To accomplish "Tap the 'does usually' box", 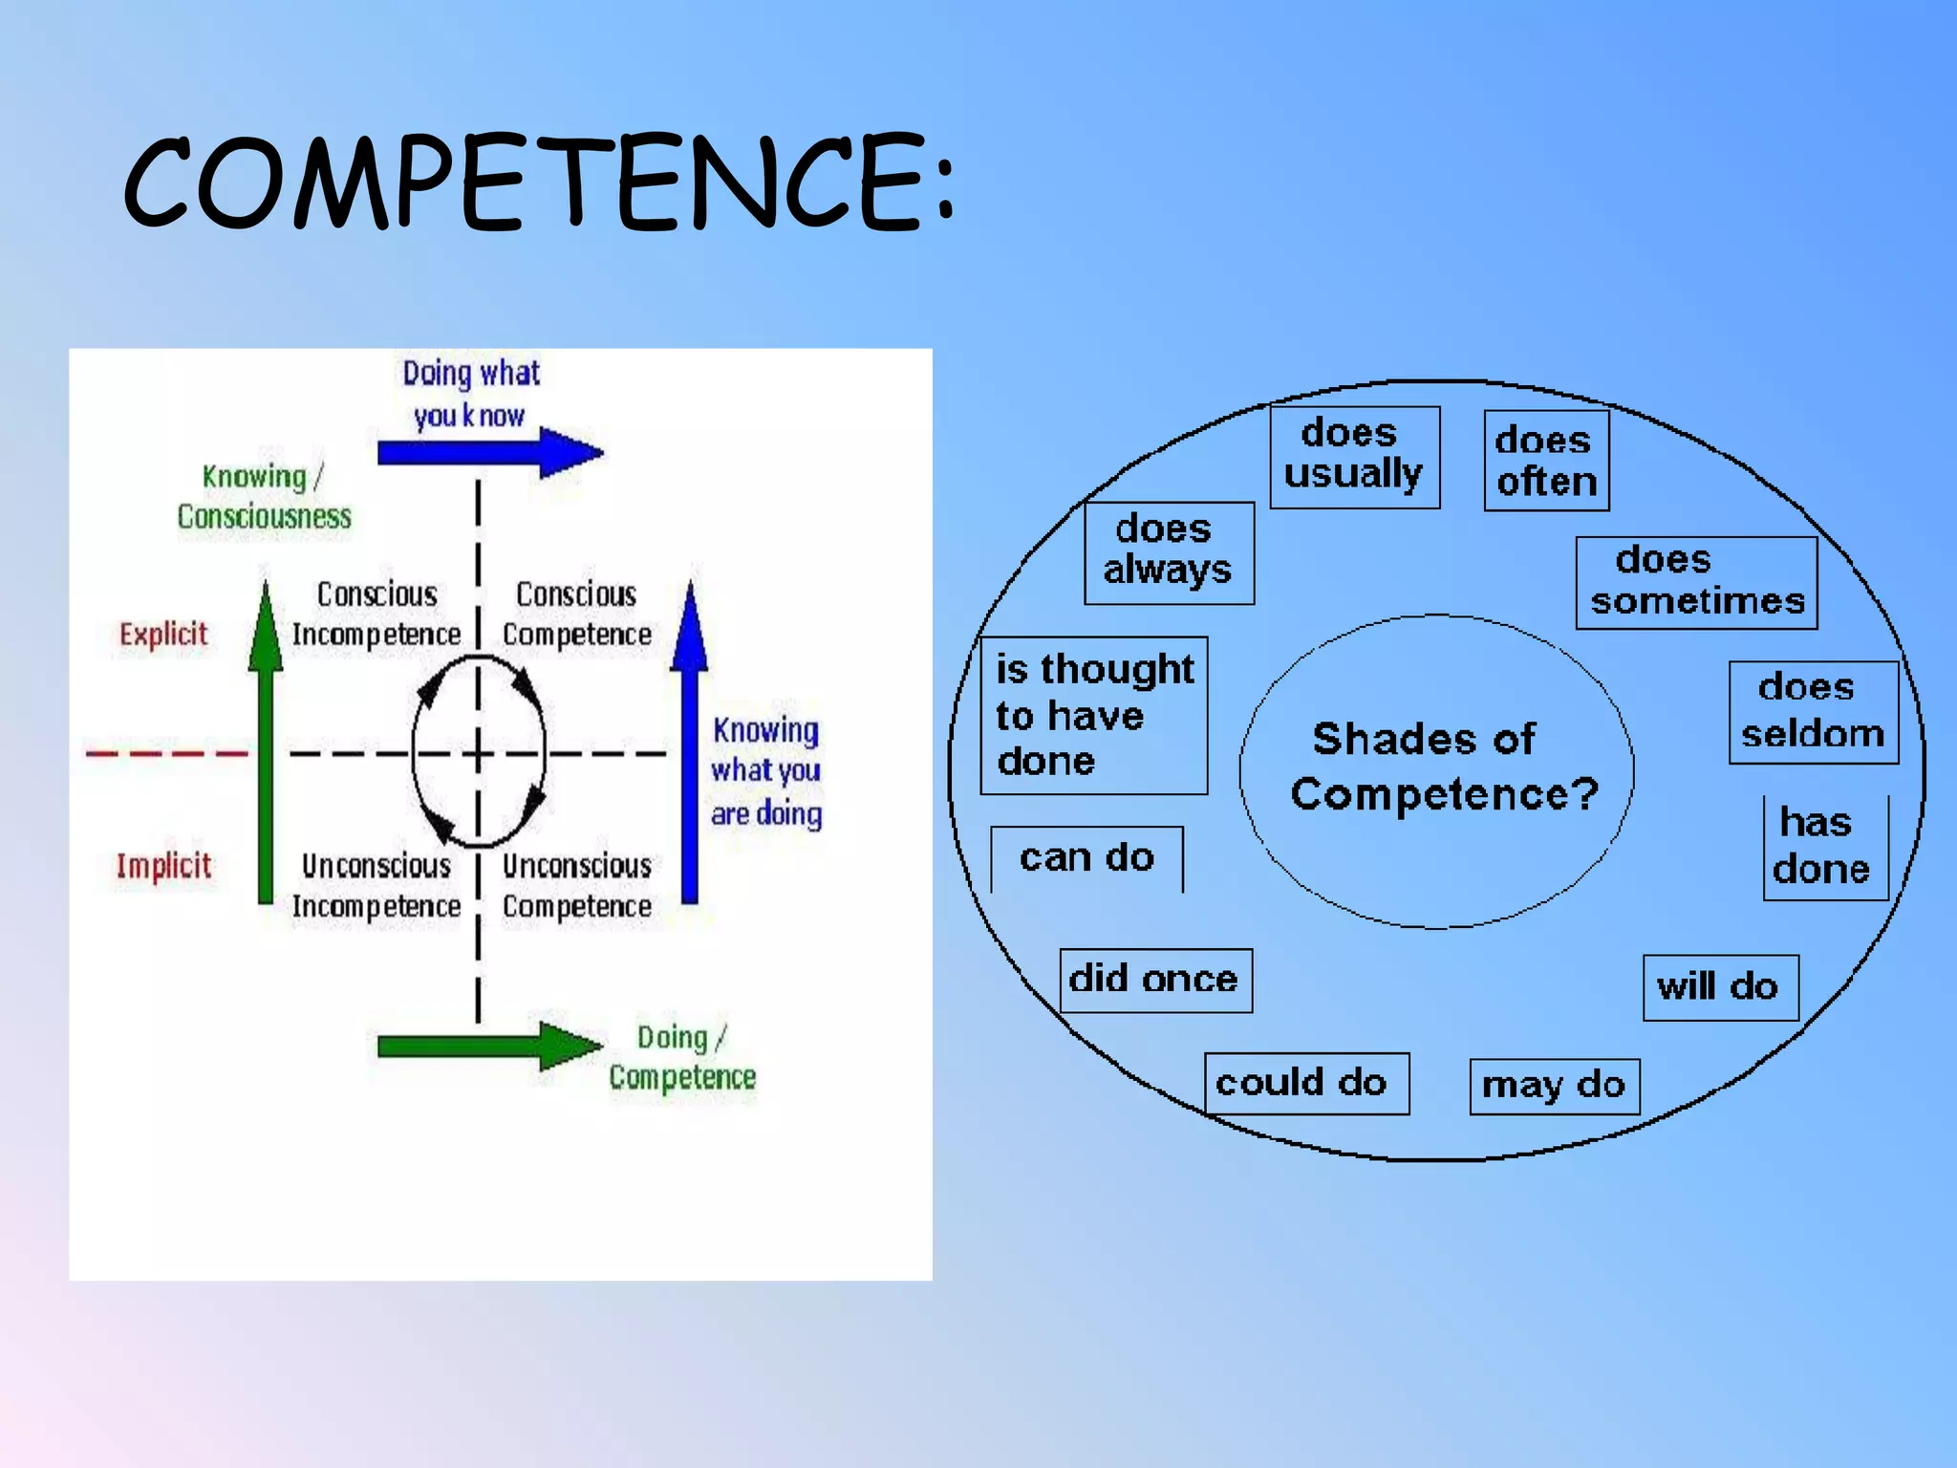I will (1354, 456).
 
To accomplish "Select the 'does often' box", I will (1546, 461).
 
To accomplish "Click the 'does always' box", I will (1168, 551).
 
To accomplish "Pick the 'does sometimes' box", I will (1696, 582).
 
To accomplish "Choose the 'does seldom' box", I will (1813, 711).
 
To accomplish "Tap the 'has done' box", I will (1824, 847).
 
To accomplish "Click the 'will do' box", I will (1720, 987).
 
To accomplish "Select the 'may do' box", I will (1554, 1086).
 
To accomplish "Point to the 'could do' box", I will (1305, 1083).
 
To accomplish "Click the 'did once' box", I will (1154, 980).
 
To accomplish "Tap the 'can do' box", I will (1086, 858).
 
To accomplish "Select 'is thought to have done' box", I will (1093, 715).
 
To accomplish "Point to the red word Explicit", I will (163, 635).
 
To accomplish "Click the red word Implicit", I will (163, 866).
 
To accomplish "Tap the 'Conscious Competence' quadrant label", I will (576, 614).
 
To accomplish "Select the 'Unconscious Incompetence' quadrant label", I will (376, 886).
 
